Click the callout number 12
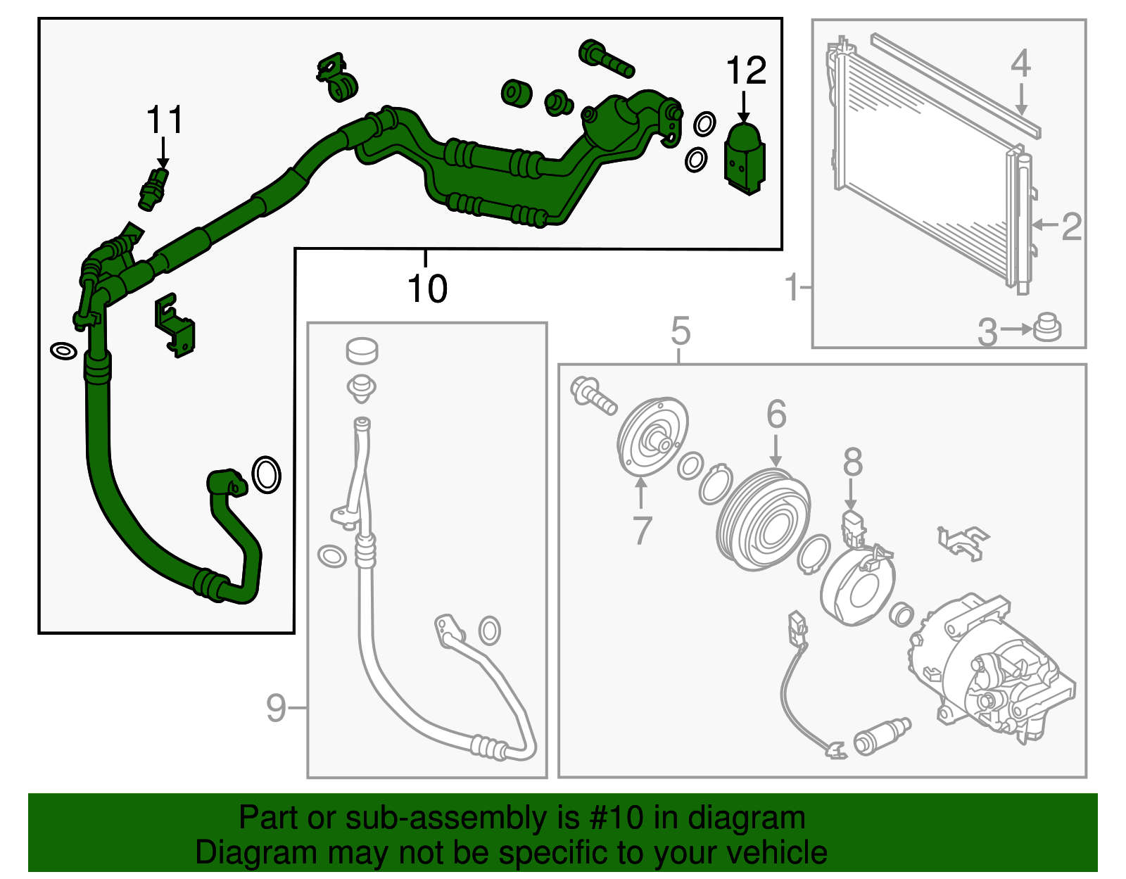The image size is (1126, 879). pyautogui.click(x=746, y=71)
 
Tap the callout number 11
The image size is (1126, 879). pyautogui.click(x=165, y=120)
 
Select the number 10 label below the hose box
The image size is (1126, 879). pyautogui.click(x=427, y=289)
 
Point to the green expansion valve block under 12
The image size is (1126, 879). pyautogui.click(x=744, y=158)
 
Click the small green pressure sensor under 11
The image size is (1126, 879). pyautogui.click(x=153, y=189)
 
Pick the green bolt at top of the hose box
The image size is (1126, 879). pyautogui.click(x=605, y=58)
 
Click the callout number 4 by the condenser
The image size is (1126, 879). pyautogui.click(x=1020, y=64)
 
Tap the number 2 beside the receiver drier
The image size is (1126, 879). pyautogui.click(x=1070, y=227)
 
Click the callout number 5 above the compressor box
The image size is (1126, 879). pyautogui.click(x=680, y=331)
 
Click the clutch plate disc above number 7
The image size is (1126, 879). pyautogui.click(x=652, y=437)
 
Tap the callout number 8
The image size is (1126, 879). pyautogui.click(x=852, y=464)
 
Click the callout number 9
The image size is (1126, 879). pyautogui.click(x=276, y=708)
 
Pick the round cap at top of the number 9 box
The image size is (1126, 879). pyautogui.click(x=362, y=350)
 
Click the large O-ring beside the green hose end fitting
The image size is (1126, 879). pyautogui.click(x=266, y=475)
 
